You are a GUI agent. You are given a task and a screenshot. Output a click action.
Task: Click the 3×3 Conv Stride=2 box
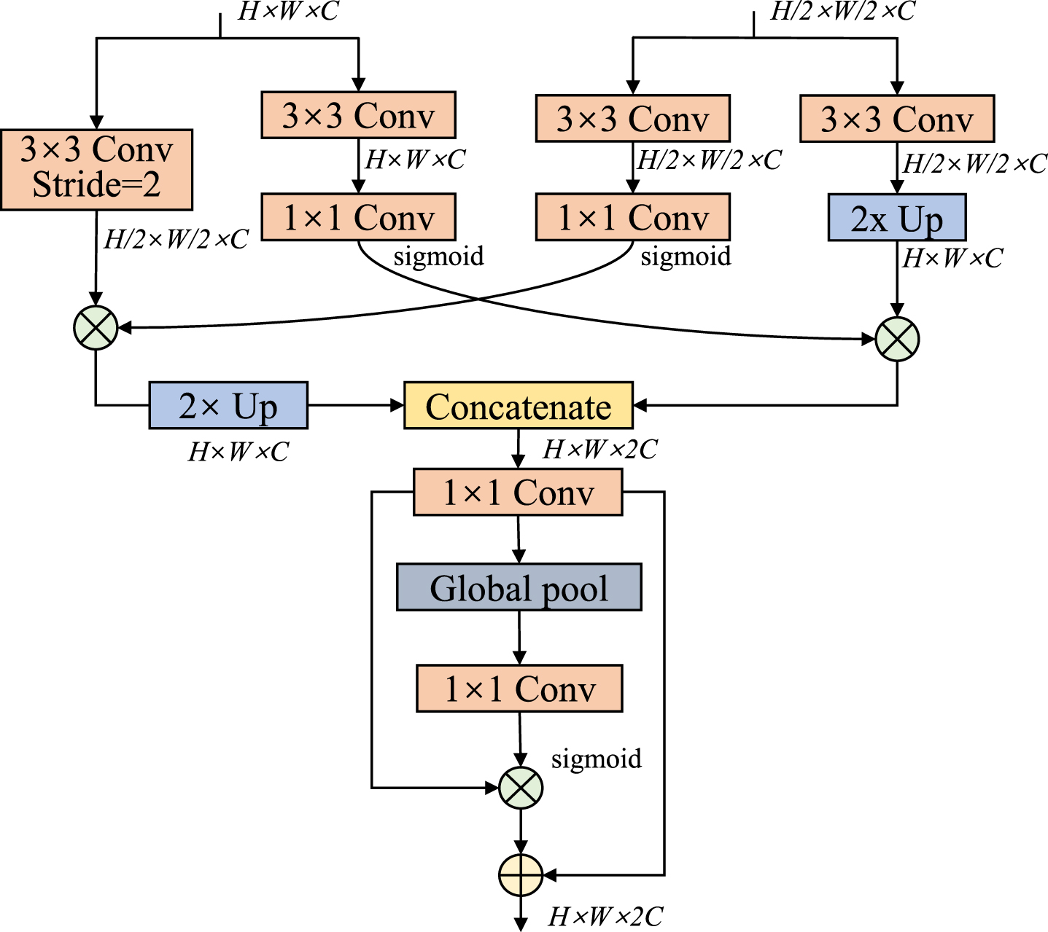[x=97, y=170]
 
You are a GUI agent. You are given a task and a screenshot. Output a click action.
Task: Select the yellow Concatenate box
[x=519, y=405]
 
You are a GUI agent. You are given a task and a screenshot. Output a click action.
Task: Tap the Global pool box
[x=519, y=587]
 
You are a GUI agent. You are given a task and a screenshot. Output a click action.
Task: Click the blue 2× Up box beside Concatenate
[x=229, y=405]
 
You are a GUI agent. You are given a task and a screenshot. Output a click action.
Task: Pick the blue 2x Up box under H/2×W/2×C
[x=897, y=217]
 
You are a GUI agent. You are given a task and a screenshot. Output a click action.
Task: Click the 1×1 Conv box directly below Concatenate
[x=518, y=492]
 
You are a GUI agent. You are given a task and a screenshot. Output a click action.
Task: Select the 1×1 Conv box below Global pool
[x=519, y=689]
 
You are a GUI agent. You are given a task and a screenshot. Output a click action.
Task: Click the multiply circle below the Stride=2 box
[x=96, y=328]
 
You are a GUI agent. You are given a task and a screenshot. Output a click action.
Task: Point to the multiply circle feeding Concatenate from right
[x=897, y=339]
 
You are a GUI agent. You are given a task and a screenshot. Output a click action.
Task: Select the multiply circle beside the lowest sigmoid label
[x=521, y=788]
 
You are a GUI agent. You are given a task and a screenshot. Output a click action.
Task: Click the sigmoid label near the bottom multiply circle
[x=597, y=759]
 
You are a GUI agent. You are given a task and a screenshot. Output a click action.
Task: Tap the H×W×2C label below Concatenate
[x=600, y=449]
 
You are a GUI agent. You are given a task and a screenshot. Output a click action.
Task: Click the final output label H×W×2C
[x=605, y=917]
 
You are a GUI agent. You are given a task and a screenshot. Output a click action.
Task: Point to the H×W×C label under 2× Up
[x=238, y=452]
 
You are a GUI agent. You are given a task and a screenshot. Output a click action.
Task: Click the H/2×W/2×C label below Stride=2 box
[x=176, y=239]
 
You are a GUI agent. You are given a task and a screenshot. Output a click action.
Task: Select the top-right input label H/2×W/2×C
[x=842, y=11]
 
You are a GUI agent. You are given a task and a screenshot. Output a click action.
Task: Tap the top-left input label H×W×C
[x=288, y=11]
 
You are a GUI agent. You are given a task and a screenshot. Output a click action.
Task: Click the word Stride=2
[x=97, y=184]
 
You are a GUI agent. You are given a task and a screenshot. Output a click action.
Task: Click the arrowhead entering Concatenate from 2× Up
[x=397, y=405]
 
